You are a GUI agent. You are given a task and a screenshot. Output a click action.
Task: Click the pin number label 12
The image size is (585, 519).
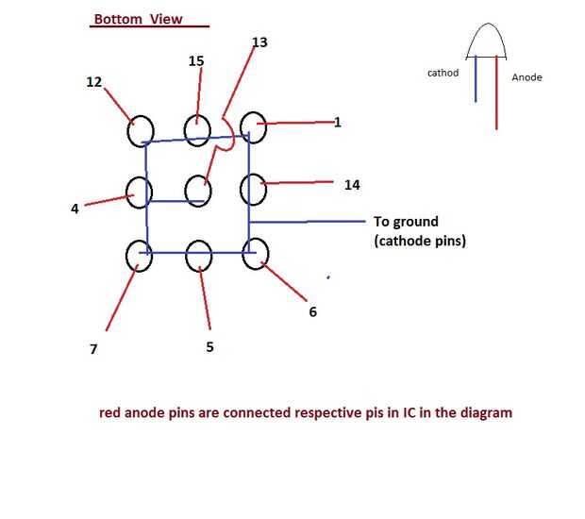[x=93, y=82]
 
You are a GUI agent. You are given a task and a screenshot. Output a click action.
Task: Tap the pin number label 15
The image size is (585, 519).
[x=196, y=61]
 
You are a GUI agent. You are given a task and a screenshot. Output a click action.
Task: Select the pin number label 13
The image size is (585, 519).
[x=260, y=42]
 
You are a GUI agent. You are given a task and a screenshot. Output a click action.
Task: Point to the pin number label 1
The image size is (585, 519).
[x=338, y=123]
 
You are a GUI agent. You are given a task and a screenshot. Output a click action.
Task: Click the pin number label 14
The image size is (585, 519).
[x=351, y=186]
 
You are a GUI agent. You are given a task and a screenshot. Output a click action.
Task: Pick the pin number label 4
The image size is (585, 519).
[x=75, y=209]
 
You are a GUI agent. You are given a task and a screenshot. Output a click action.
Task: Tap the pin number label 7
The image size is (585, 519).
[x=93, y=349]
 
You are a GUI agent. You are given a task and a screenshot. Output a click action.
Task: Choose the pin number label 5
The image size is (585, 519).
[x=209, y=347]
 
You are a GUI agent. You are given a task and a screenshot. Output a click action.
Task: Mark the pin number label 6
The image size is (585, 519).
[x=313, y=311]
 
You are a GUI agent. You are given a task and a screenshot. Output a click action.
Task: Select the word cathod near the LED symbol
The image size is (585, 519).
[x=443, y=73]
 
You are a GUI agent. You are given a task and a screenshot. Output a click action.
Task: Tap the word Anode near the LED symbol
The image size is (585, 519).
[x=526, y=77]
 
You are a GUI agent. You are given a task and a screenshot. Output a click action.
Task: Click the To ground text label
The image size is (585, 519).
[x=406, y=222]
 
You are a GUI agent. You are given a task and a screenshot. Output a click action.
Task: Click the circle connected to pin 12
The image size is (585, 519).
[x=140, y=130]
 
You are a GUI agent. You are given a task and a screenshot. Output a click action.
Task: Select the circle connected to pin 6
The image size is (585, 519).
[x=255, y=253]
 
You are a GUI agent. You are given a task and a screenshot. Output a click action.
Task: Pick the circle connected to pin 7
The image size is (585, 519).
[x=139, y=255]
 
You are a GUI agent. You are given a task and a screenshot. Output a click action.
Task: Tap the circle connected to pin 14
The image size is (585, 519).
[x=254, y=189]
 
